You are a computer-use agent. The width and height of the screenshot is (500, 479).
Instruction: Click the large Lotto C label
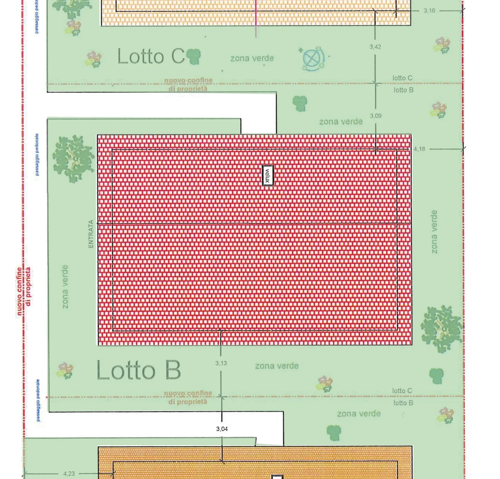click(x=151, y=56)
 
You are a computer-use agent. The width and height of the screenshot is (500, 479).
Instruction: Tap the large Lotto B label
click(x=139, y=370)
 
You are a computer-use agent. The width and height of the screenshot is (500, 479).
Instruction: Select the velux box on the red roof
click(x=267, y=175)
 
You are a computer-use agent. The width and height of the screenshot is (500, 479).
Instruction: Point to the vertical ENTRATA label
click(x=91, y=234)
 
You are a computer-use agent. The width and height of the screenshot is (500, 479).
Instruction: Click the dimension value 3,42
click(x=375, y=47)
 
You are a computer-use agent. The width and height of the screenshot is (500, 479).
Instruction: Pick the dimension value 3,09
click(x=375, y=116)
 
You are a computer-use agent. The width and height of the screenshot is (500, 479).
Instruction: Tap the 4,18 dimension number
click(x=419, y=149)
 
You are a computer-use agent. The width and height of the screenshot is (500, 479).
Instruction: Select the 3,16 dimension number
click(x=429, y=11)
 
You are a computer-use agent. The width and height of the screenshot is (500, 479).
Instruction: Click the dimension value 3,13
click(x=221, y=363)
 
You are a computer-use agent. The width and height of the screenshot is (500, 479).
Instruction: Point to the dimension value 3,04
click(x=222, y=429)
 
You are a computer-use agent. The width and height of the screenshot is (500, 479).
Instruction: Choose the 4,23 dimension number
click(x=69, y=473)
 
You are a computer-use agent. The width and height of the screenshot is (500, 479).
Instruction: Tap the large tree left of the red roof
click(x=74, y=159)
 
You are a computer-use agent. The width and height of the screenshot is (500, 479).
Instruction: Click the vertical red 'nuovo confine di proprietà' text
click(x=24, y=291)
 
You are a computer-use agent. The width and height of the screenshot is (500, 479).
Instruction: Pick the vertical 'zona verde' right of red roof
click(x=434, y=232)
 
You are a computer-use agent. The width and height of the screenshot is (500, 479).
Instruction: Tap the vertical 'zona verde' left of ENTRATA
click(x=65, y=287)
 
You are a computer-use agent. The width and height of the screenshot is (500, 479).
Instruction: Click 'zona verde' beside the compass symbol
click(x=252, y=58)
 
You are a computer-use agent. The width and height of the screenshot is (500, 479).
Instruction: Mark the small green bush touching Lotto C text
click(x=194, y=56)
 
